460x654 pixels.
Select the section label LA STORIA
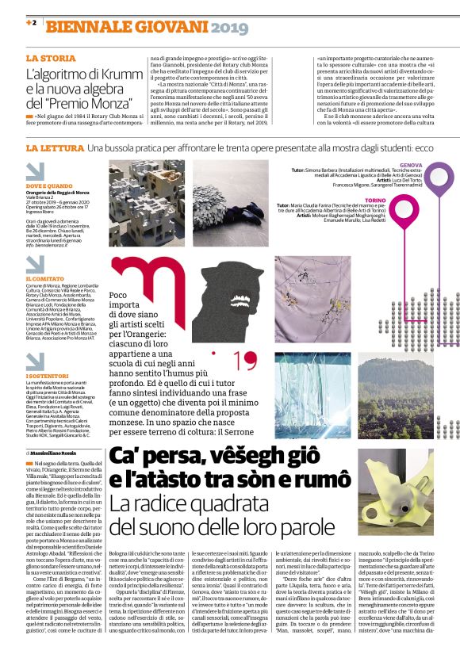tap(51, 59)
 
